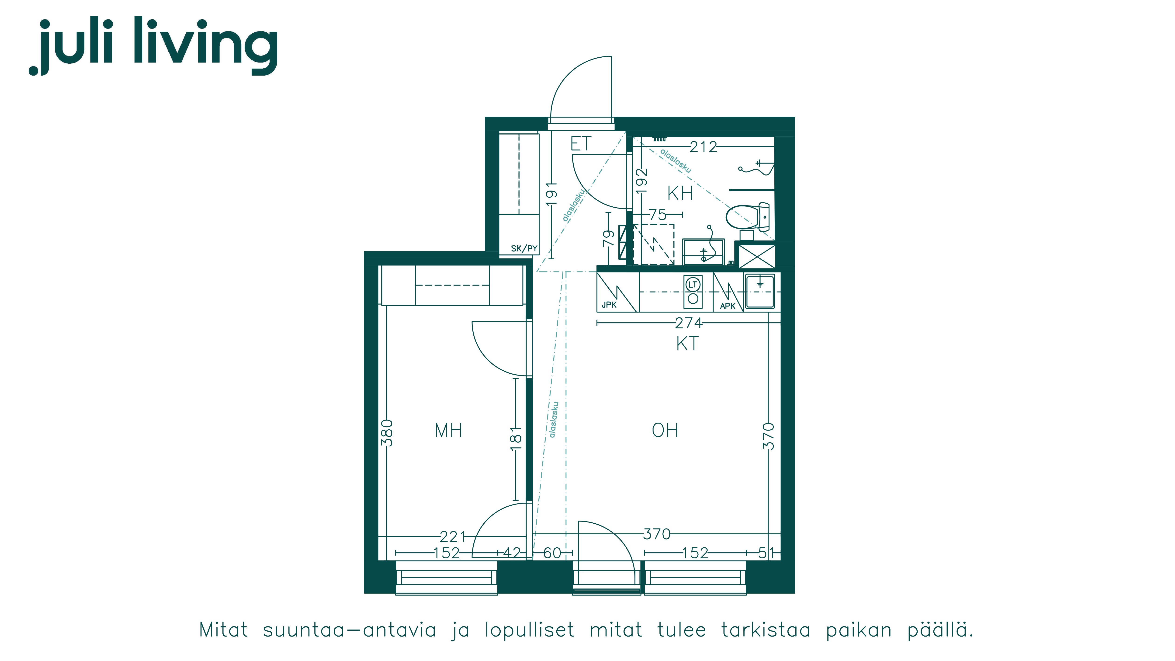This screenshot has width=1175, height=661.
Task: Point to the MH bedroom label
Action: pyautogui.click(x=448, y=430)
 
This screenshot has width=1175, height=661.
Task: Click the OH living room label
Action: pyautogui.click(x=665, y=430)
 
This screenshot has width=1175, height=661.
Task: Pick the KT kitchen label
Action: pyautogui.click(x=687, y=344)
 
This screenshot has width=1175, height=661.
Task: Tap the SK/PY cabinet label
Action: pyautogui.click(x=524, y=249)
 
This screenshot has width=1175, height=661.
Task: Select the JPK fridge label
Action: pyautogui.click(x=609, y=305)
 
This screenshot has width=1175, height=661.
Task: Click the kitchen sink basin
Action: pyautogui.click(x=760, y=291)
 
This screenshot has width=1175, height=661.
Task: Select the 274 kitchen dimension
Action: pyautogui.click(x=689, y=323)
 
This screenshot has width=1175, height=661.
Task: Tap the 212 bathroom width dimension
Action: pyautogui.click(x=703, y=147)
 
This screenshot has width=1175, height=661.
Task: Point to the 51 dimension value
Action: pyautogui.click(x=766, y=553)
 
